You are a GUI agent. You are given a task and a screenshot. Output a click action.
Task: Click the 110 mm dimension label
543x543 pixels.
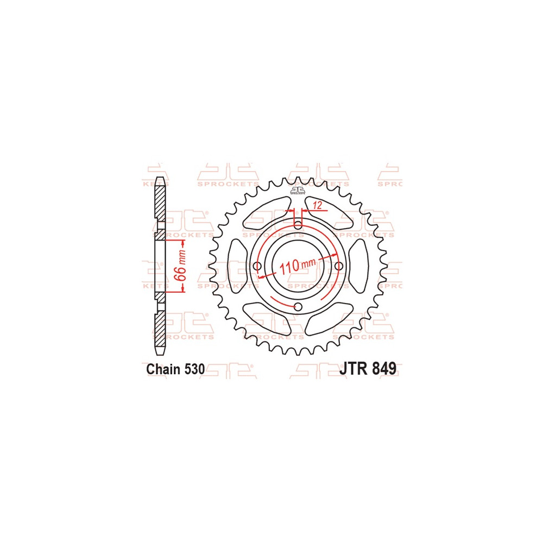(x=298, y=266)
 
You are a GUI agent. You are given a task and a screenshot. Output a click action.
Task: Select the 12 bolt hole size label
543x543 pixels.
(x=318, y=206)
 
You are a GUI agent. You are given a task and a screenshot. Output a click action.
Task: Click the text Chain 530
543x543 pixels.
(x=175, y=369)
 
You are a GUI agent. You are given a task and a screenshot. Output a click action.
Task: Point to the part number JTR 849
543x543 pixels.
(x=368, y=369)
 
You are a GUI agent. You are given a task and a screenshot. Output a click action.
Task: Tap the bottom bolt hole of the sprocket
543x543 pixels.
(x=298, y=307)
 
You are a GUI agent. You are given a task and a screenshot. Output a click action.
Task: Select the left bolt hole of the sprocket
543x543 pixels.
(x=257, y=266)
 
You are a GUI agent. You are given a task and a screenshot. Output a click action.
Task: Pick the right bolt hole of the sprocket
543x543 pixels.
(x=339, y=266)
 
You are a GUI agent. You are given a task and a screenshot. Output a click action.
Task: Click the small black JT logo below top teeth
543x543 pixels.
(x=298, y=191)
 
